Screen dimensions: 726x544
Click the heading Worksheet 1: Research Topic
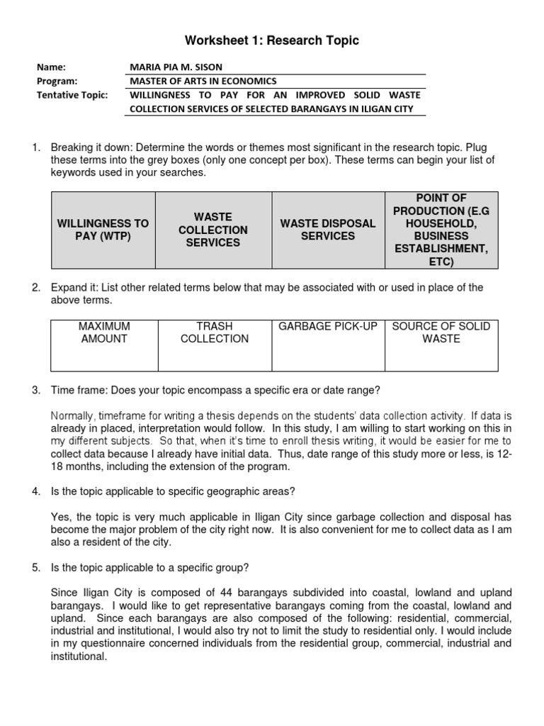pyautogui.click(x=272, y=40)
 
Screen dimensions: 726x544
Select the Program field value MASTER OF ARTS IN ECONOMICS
pyautogui.click(x=203, y=81)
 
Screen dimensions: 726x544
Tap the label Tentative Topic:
pyautogui.click(x=72, y=95)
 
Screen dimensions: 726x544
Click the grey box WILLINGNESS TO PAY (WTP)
pyautogui.click(x=103, y=230)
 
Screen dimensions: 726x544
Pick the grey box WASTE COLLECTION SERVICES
pyautogui.click(x=213, y=230)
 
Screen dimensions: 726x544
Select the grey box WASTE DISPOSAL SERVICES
pyautogui.click(x=327, y=230)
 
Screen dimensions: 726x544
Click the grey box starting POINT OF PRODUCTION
pyautogui.click(x=441, y=230)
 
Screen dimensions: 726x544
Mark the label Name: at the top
pyautogui.click(x=51, y=67)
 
